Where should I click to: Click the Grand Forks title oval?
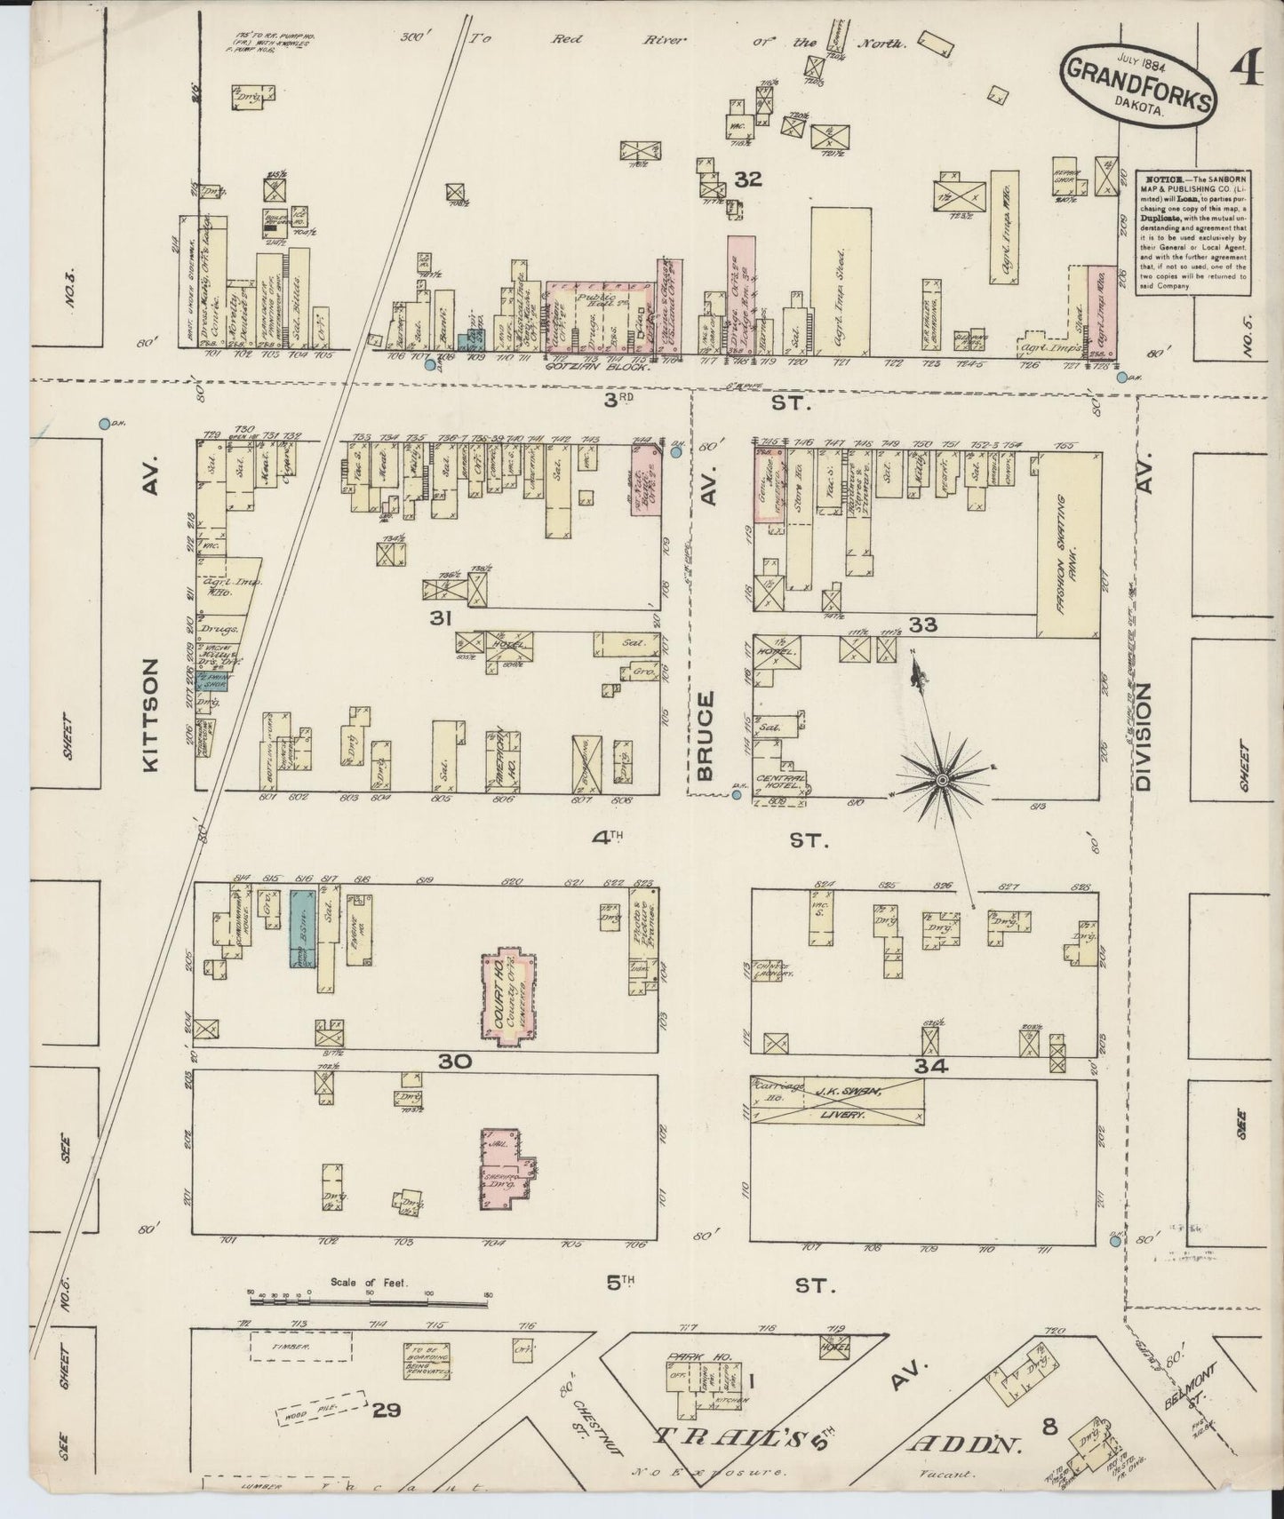1136,91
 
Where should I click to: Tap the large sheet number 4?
1248,70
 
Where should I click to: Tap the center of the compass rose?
941,780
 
